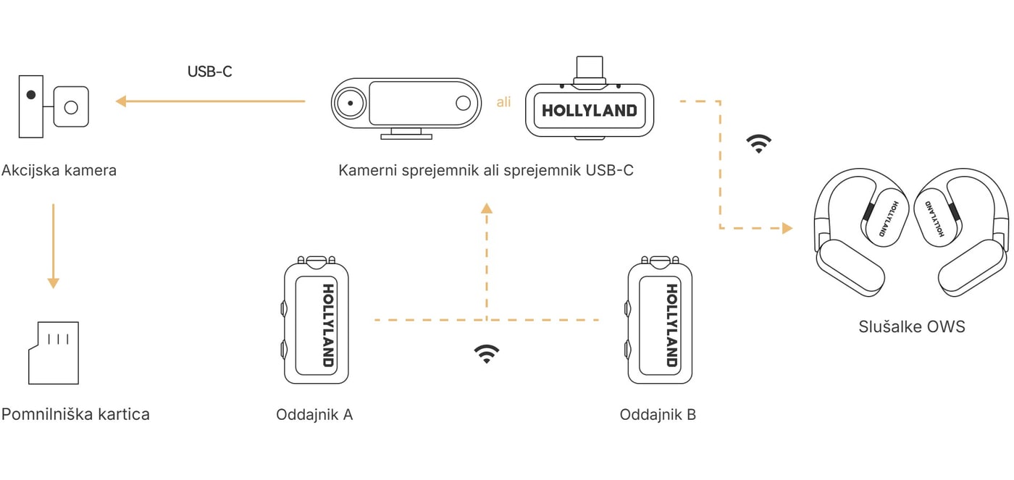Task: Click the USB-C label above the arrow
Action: (x=209, y=72)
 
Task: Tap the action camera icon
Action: (x=54, y=106)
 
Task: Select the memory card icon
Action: (x=54, y=353)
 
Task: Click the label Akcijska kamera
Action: (x=59, y=171)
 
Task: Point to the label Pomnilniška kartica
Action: (x=75, y=414)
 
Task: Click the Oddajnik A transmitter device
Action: (x=316, y=320)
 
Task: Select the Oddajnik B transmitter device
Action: (x=660, y=320)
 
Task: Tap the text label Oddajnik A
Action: (x=314, y=414)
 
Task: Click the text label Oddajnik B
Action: (x=658, y=414)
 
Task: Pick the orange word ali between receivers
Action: (x=503, y=102)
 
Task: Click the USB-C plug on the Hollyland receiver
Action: (x=590, y=70)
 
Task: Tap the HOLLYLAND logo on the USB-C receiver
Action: (x=590, y=110)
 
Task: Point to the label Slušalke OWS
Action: (x=912, y=327)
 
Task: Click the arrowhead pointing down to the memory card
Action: (x=54, y=283)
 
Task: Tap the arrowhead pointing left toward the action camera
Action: (x=121, y=101)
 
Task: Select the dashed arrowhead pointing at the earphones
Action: (x=788, y=228)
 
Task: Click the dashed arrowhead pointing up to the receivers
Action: (x=487, y=208)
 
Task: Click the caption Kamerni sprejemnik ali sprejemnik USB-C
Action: (x=486, y=171)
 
